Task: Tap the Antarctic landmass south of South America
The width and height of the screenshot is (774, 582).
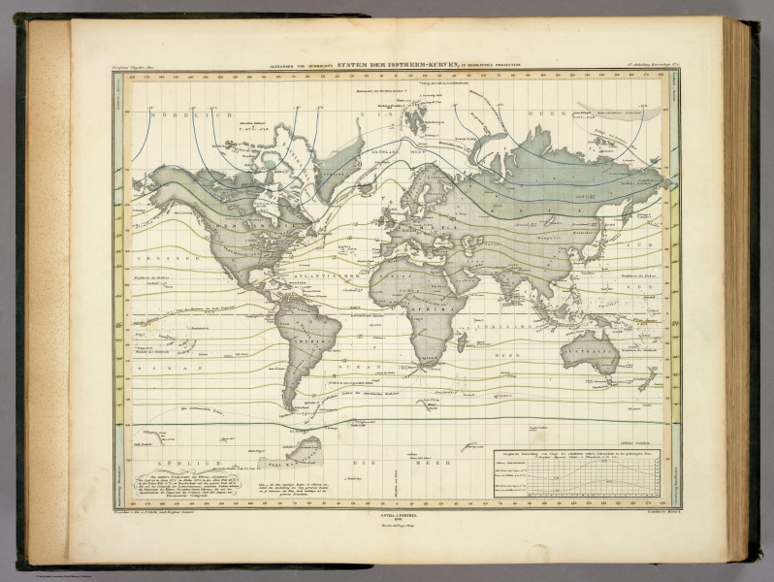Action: click(306, 449)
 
